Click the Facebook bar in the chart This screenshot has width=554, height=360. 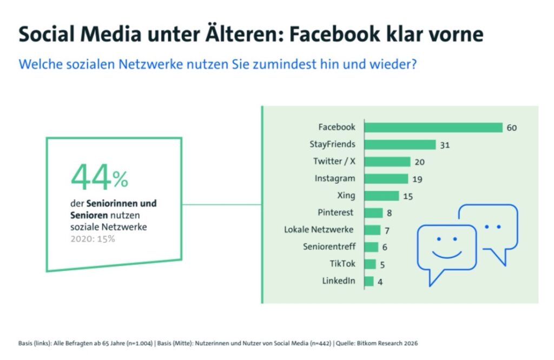434,128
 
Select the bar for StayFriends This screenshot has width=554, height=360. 400,144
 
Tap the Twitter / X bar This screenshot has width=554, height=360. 387,162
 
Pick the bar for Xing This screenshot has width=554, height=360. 382,196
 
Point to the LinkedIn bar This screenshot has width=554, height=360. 370,281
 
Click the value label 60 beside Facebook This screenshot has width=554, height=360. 512,128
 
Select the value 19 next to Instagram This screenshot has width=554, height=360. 417,179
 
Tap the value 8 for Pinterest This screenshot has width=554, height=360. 389,213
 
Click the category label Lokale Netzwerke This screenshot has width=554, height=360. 319,230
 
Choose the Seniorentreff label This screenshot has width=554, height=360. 329,247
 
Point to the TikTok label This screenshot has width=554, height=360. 342,264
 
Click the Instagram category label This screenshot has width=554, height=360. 335,178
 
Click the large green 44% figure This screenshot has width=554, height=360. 100,177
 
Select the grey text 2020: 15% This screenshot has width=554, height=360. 93,238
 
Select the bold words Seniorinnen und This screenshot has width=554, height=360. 122,204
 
